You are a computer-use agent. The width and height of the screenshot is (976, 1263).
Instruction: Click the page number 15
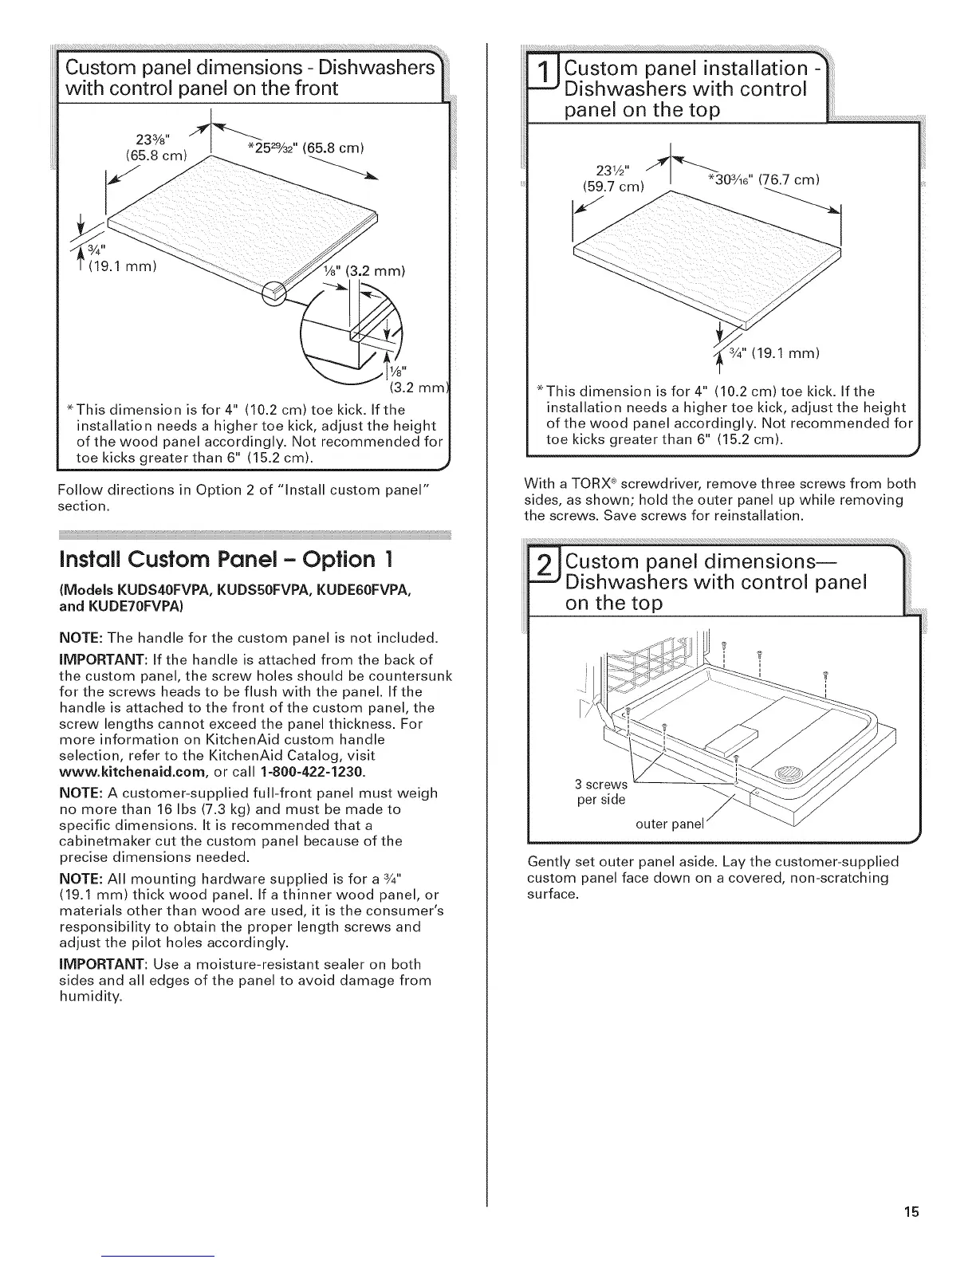912,1213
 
